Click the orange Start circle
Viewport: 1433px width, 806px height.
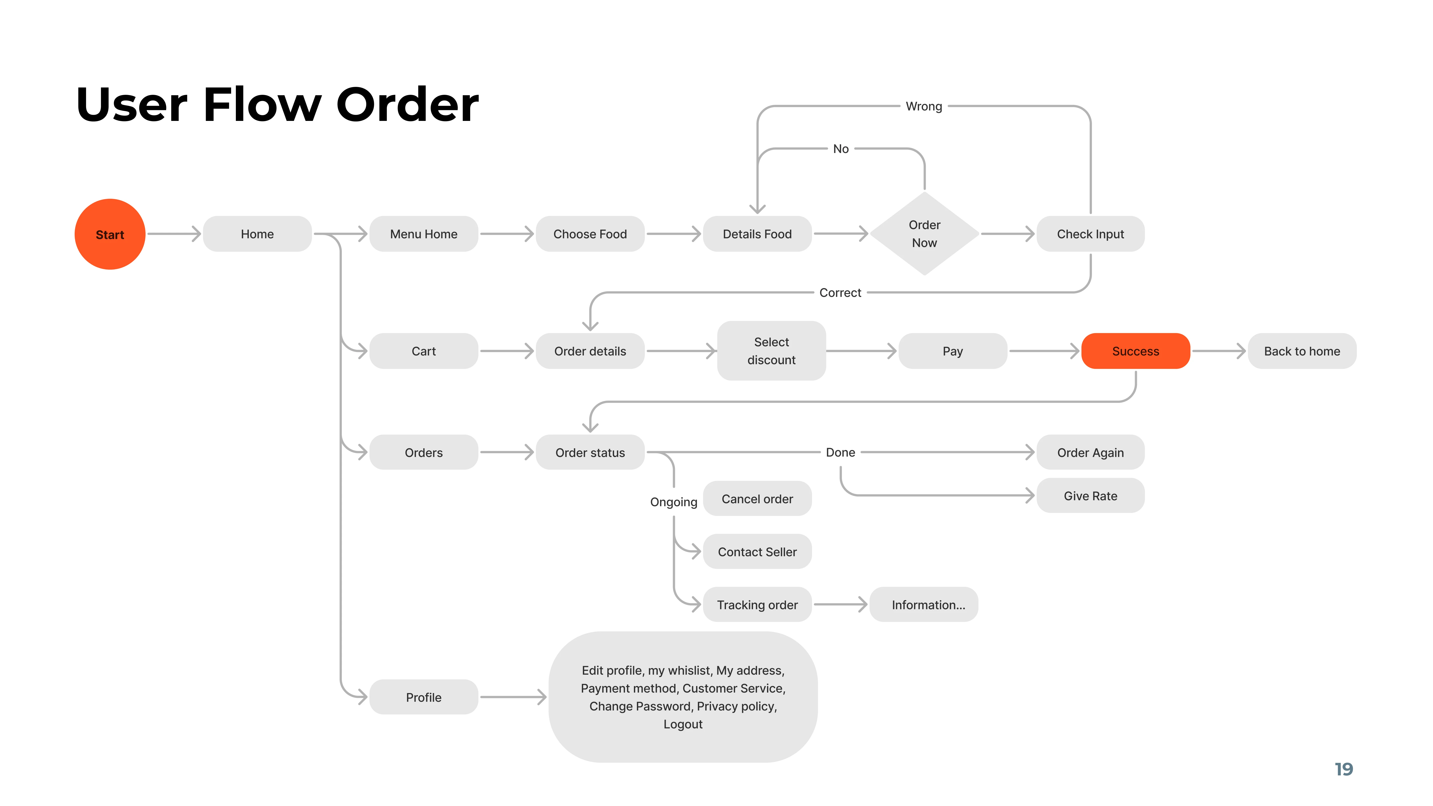110,234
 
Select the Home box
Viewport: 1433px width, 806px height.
257,234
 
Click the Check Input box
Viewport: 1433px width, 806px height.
1090,234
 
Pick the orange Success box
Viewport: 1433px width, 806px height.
1135,351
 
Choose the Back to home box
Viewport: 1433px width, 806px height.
1302,351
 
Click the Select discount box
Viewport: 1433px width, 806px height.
771,351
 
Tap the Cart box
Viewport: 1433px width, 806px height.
423,351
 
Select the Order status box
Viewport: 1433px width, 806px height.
590,452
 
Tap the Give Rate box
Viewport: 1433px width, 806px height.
1090,496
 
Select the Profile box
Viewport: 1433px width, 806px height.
423,697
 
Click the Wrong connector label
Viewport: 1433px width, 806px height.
923,106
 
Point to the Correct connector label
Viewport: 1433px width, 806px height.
840,293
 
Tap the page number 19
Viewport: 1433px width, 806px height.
1343,769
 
